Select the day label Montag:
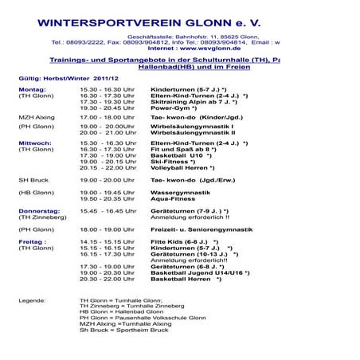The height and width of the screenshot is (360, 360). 33,90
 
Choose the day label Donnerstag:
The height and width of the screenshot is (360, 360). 39,210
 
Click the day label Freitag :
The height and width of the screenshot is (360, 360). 33,241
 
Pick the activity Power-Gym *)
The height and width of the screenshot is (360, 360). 174,108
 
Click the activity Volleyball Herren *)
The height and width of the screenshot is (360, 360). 182,167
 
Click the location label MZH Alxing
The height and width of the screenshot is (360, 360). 36,116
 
